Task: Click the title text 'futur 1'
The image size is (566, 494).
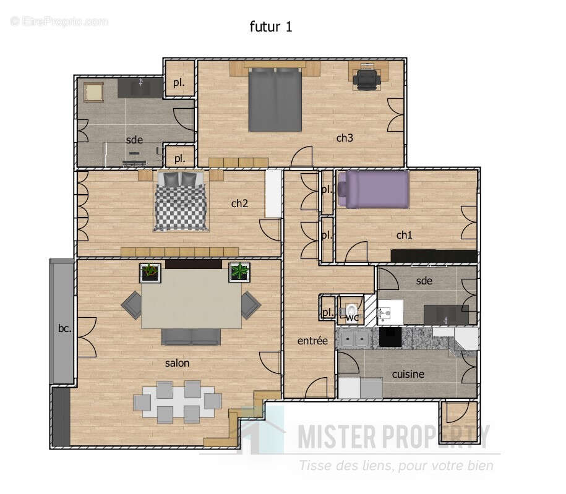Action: [x=270, y=26]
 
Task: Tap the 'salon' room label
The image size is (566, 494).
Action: [x=177, y=363]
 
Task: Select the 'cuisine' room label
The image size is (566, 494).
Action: [x=408, y=374]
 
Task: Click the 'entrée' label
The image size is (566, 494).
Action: [x=312, y=341]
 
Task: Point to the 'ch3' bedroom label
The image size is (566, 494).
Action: [x=345, y=138]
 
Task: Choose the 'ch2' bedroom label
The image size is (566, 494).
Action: [x=239, y=203]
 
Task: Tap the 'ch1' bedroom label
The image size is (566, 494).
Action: [x=404, y=235]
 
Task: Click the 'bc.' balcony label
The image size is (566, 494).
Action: [x=65, y=328]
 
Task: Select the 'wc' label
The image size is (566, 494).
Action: [x=352, y=318]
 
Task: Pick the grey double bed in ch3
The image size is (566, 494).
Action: [x=275, y=99]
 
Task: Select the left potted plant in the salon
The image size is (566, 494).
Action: [x=150, y=271]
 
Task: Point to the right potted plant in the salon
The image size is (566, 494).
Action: [x=239, y=271]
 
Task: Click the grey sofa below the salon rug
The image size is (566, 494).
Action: [x=191, y=336]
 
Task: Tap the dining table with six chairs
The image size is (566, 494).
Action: [x=177, y=401]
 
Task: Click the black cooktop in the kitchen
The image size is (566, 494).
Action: [x=390, y=337]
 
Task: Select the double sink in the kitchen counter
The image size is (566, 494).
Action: [x=355, y=338]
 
